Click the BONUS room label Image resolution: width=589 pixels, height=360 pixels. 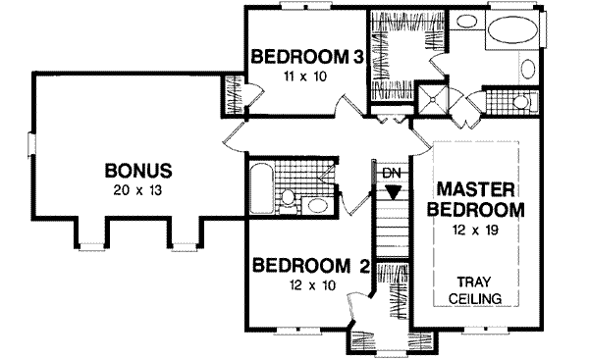click(x=138, y=171)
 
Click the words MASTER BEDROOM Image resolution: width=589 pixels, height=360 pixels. click(x=478, y=198)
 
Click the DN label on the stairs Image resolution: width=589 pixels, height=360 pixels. click(x=393, y=174)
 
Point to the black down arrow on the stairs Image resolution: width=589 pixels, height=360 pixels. click(x=393, y=191)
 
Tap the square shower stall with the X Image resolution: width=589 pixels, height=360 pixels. click(x=432, y=99)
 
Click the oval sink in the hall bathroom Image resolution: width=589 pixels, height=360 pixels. click(x=316, y=205)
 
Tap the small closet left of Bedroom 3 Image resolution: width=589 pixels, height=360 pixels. click(x=233, y=94)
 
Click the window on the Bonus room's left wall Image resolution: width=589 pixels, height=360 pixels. click(x=31, y=144)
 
